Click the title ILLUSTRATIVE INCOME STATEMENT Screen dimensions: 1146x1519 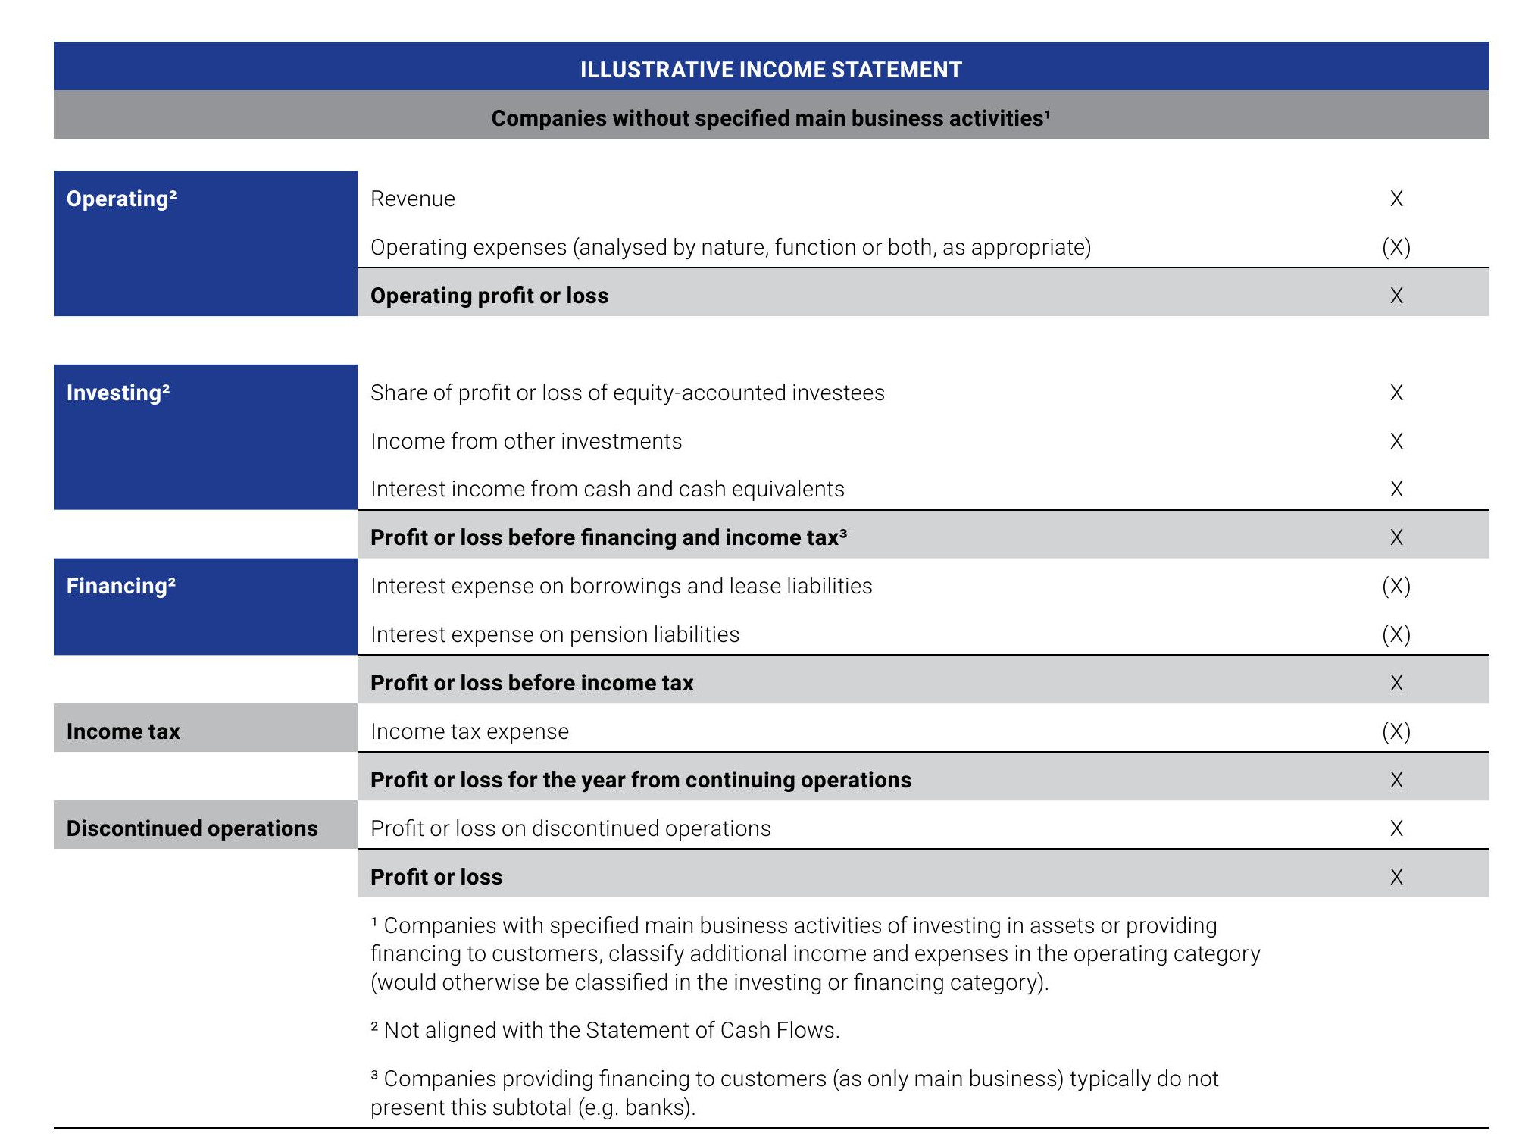(x=770, y=70)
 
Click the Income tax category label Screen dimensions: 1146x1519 (x=123, y=731)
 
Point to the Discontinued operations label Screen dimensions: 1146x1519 (x=192, y=828)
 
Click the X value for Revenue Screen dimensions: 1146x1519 (x=1396, y=199)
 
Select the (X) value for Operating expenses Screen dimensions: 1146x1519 (x=1396, y=247)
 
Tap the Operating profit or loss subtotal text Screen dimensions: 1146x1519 (x=489, y=296)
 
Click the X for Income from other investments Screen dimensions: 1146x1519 (x=1396, y=441)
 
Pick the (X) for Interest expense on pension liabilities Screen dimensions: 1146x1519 (x=1396, y=634)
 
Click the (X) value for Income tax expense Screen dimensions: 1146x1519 (x=1396, y=731)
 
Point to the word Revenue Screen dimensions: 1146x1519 (x=412, y=199)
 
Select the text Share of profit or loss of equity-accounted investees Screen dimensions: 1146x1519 (x=627, y=393)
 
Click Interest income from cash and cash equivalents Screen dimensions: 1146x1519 (x=607, y=489)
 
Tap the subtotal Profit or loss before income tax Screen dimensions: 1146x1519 (x=531, y=683)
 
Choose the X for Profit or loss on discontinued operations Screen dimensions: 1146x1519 (x=1396, y=828)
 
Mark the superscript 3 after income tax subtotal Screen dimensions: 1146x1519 (x=843, y=532)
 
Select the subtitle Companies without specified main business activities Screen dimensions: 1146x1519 (x=770, y=118)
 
